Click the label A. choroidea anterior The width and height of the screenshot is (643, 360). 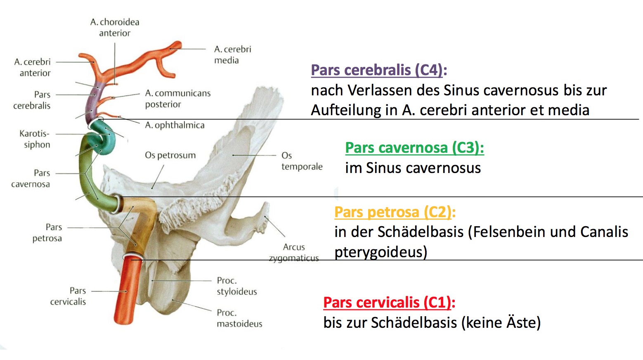[115, 28]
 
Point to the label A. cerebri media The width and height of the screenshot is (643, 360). [232, 54]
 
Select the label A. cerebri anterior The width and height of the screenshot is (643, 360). [33, 67]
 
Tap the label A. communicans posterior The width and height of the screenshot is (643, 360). [178, 99]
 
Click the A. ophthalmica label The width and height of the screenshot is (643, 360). [175, 125]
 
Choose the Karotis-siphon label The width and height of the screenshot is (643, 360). [35, 139]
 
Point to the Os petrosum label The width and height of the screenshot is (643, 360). [170, 155]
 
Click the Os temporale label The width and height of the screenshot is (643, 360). [302, 161]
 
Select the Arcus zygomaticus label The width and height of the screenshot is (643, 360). [294, 253]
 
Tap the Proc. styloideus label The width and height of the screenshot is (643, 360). [237, 286]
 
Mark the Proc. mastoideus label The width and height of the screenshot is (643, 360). [239, 318]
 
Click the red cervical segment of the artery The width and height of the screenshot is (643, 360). [128, 290]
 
